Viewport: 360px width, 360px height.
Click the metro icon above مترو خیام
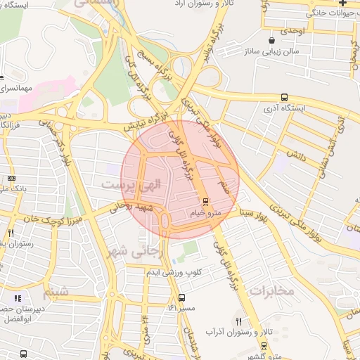(x=206, y=201)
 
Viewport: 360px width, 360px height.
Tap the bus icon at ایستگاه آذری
(x=284, y=98)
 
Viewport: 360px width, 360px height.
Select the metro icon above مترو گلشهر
(x=264, y=345)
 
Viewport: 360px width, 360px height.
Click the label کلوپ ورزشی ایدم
(x=178, y=272)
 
